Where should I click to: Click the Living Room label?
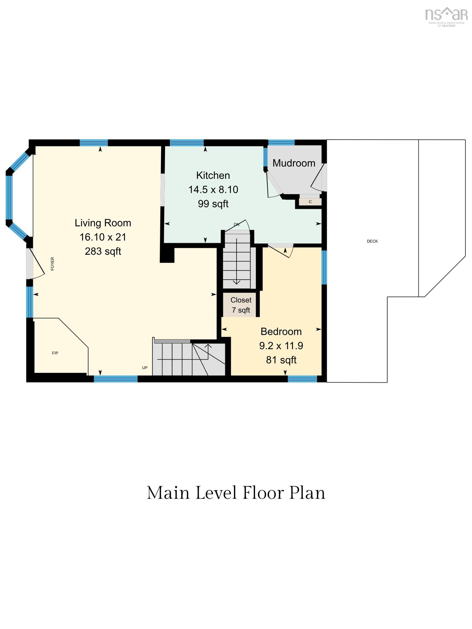[x=103, y=223]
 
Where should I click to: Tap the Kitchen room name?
[x=213, y=176]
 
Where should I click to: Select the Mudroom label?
[x=294, y=163]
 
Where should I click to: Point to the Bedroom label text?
[x=281, y=331]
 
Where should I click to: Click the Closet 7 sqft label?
[x=241, y=305]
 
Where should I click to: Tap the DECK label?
[x=372, y=241]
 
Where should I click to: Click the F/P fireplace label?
[x=55, y=353]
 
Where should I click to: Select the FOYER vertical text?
[x=52, y=264]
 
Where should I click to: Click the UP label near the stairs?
[x=144, y=368]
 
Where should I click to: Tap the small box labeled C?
[x=310, y=201]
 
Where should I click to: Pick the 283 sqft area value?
[x=103, y=251]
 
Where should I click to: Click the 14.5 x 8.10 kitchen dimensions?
[x=213, y=190]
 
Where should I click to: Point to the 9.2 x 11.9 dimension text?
[x=281, y=346]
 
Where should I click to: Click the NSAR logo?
[x=446, y=16]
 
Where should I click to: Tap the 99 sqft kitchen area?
[x=213, y=204]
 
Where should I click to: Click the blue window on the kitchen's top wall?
[x=187, y=143]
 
